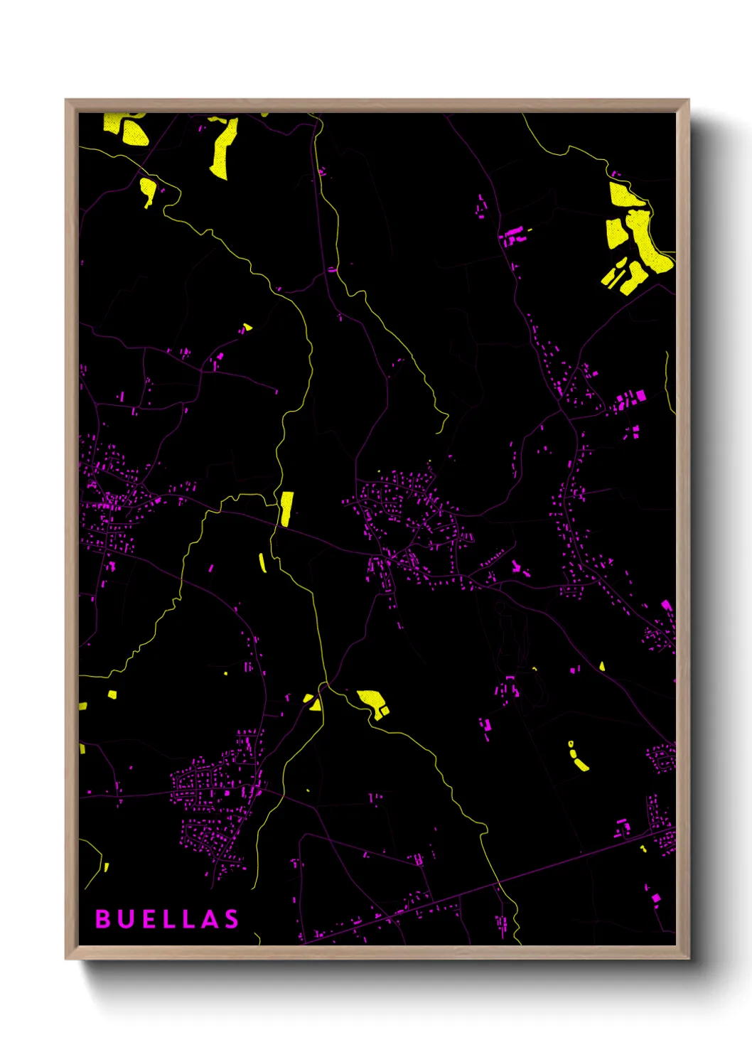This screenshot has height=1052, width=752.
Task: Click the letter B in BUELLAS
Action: [x=103, y=918]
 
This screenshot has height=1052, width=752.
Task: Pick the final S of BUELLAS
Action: [x=232, y=918]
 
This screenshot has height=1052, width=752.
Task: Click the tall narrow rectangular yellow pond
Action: [x=286, y=508]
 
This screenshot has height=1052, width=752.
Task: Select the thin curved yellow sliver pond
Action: [x=262, y=563]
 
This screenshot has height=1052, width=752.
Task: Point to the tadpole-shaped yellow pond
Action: [x=148, y=190]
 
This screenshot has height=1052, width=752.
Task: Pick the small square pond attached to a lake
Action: [x=385, y=710]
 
